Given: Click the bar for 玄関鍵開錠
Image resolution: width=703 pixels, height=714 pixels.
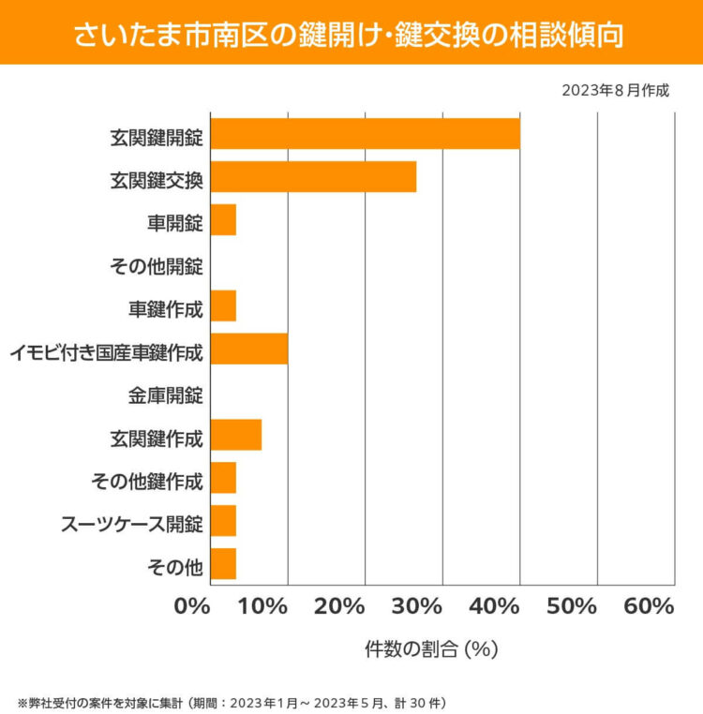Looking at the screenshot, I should [365, 134].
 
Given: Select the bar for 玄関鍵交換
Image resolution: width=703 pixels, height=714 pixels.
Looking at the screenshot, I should [313, 177].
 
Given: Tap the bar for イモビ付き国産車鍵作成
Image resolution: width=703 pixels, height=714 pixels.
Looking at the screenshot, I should [248, 350].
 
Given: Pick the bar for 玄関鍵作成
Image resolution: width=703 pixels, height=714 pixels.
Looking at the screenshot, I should [235, 436].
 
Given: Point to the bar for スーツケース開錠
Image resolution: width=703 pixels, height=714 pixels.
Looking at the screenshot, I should [223, 521].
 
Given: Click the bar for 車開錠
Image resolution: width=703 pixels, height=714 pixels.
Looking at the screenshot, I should [223, 220].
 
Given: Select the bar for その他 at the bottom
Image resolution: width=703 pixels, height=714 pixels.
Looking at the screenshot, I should [223, 564].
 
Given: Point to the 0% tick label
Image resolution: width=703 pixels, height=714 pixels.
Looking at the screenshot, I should [193, 606].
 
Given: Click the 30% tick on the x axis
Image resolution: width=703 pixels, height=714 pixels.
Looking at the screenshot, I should [417, 606].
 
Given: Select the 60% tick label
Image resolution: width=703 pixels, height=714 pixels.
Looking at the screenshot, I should [649, 606].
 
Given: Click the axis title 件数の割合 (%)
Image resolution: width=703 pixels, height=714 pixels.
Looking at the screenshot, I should [430, 647].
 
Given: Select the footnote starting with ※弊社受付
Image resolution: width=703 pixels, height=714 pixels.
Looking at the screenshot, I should [236, 701].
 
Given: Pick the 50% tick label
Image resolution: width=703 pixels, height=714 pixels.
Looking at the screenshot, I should [572, 606].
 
